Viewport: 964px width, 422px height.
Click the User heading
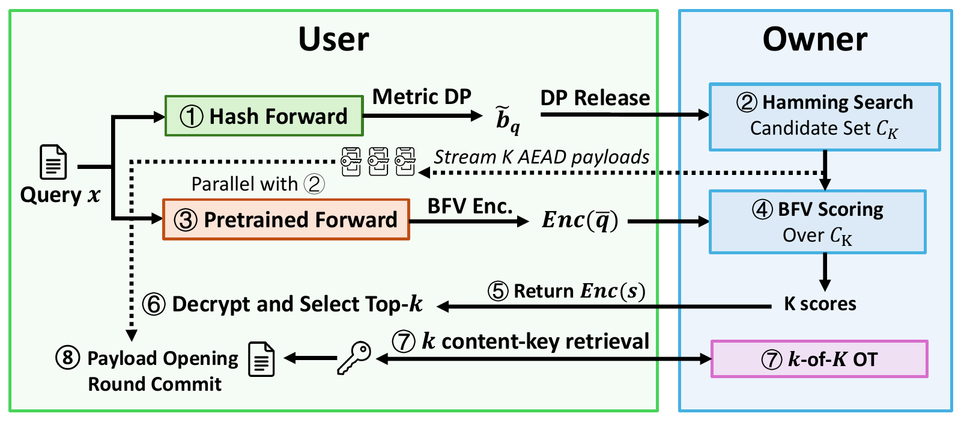333,39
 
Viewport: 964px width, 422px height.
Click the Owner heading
815,39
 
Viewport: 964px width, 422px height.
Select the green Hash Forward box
264,116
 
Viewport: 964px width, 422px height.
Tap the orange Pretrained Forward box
286,219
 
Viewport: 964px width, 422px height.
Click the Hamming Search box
825,117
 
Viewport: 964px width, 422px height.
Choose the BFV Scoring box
817,222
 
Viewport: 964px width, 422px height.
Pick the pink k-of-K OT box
819,359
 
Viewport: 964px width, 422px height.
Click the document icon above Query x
53,162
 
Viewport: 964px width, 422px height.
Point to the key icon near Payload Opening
354,358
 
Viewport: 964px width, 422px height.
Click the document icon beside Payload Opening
261,359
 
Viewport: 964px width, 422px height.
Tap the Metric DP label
422,96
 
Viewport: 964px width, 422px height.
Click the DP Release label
595,98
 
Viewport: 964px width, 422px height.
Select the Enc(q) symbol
580,220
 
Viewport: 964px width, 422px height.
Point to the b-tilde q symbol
508,120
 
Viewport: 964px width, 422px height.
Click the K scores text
820,304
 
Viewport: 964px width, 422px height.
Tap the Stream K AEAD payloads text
541,157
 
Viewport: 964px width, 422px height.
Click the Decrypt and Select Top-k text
282,304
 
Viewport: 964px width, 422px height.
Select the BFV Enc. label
470,206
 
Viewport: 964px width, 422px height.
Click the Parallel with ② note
258,185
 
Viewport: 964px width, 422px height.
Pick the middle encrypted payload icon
378,162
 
